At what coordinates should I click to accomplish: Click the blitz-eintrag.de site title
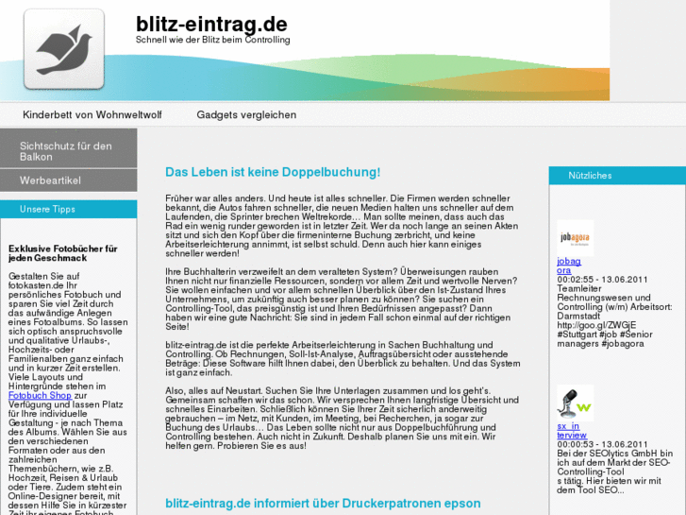coord(211,23)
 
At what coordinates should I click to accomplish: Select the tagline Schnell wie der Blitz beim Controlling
coord(213,41)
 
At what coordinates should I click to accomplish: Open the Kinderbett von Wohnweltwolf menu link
coord(92,114)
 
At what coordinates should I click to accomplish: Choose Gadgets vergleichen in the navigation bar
coord(246,114)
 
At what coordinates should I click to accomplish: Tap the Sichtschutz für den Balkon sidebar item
coord(66,151)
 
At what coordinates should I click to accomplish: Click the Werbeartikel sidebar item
coord(50,180)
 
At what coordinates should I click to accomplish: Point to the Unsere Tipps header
coord(47,209)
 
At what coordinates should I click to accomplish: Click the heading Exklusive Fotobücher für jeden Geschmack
coord(62,254)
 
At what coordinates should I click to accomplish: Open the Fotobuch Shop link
coord(40,395)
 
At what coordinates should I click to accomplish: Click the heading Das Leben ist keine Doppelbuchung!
coord(273,172)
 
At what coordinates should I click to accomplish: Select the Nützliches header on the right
coord(590,176)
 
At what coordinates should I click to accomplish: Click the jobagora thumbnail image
coord(575,237)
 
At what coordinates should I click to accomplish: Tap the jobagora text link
coord(569,266)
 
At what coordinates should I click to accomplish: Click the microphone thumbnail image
coord(575,403)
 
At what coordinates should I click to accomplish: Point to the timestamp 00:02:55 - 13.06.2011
coord(602,280)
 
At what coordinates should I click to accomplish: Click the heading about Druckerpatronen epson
coord(323,504)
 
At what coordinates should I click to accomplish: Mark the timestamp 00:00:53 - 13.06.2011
coord(602,444)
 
